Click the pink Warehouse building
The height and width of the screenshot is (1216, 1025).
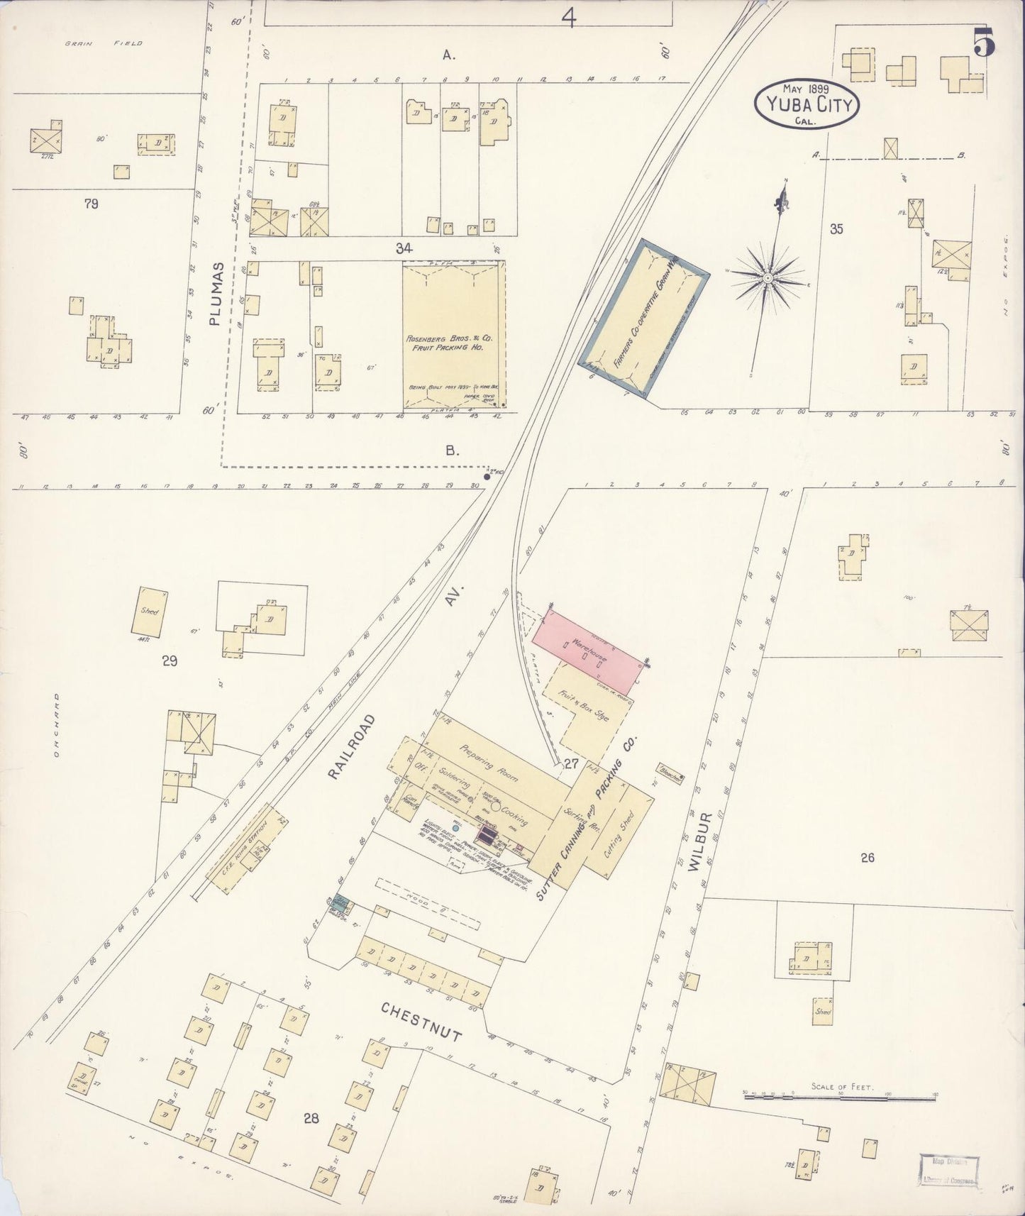(587, 648)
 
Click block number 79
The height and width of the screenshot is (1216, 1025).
(90, 204)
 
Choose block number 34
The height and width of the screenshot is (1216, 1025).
(404, 248)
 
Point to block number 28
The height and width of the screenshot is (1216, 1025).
(311, 1119)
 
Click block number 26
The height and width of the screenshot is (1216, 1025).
(867, 858)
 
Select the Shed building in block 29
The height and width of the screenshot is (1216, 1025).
(150, 611)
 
